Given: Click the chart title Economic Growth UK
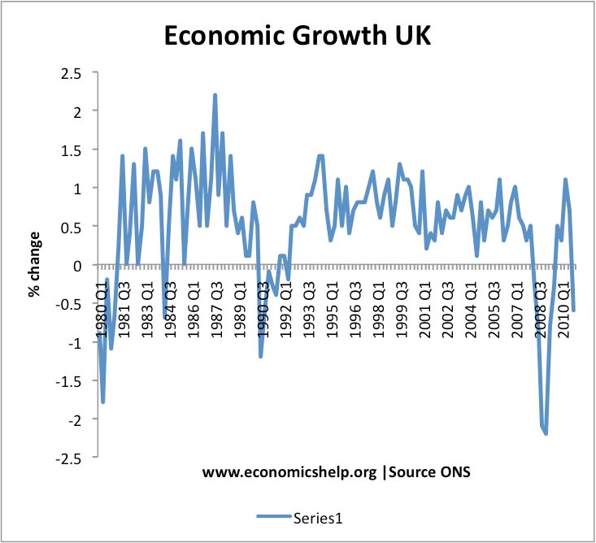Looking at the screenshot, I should [x=298, y=37].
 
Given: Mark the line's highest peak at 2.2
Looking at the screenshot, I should [x=215, y=95].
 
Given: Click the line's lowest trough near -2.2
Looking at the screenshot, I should [x=546, y=433].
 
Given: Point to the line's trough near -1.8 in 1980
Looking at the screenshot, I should [x=103, y=402].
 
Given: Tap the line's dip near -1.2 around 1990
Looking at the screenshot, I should [x=261, y=356].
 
